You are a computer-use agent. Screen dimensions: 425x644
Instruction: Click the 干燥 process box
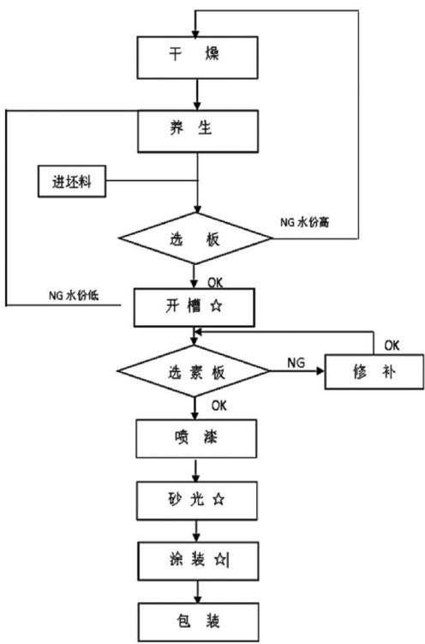tap(197, 57)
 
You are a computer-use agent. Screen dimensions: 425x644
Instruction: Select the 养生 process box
tap(198, 131)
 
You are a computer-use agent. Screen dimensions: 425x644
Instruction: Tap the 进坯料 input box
tap(72, 182)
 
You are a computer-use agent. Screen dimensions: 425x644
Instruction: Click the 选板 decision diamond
tap(195, 238)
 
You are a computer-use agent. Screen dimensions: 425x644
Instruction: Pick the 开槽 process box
tap(194, 308)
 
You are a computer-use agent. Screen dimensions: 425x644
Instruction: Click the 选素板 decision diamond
tap(194, 370)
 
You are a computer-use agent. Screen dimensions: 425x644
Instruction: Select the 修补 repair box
tap(374, 372)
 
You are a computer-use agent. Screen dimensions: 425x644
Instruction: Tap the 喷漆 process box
tap(196, 439)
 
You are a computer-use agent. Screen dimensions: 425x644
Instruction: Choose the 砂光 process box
tap(197, 501)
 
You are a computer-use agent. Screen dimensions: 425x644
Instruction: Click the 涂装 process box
tap(198, 561)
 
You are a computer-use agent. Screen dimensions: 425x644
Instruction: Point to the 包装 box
tap(198, 622)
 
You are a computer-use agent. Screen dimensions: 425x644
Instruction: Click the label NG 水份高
tap(305, 222)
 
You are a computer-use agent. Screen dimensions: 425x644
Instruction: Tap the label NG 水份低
tap(74, 295)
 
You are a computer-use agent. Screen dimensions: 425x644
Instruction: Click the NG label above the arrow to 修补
tap(296, 363)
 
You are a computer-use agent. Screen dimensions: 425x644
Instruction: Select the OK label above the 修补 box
tap(392, 346)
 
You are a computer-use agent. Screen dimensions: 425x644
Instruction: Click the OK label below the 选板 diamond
tap(215, 282)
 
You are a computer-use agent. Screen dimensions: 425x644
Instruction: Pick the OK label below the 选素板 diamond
tap(219, 406)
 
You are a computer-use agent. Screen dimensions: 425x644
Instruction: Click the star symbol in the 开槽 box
tap(216, 306)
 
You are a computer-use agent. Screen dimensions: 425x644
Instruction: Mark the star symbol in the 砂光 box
tap(218, 499)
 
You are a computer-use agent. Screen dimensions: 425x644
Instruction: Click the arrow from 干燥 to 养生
tap(197, 94)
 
